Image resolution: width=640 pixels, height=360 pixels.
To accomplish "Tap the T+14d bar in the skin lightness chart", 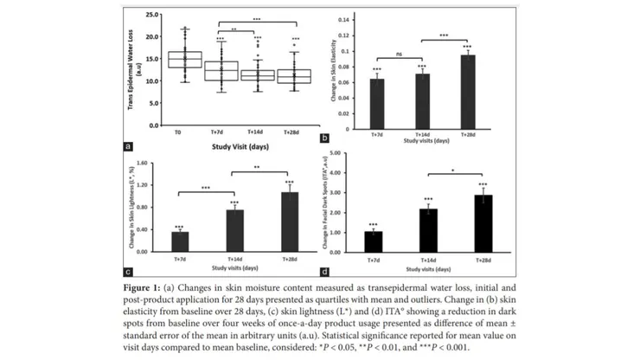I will [234, 228].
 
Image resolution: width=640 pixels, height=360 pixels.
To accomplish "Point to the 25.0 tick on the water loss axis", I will [151, 15].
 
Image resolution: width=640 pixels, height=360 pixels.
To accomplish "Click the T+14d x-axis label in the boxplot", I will [258, 133].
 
